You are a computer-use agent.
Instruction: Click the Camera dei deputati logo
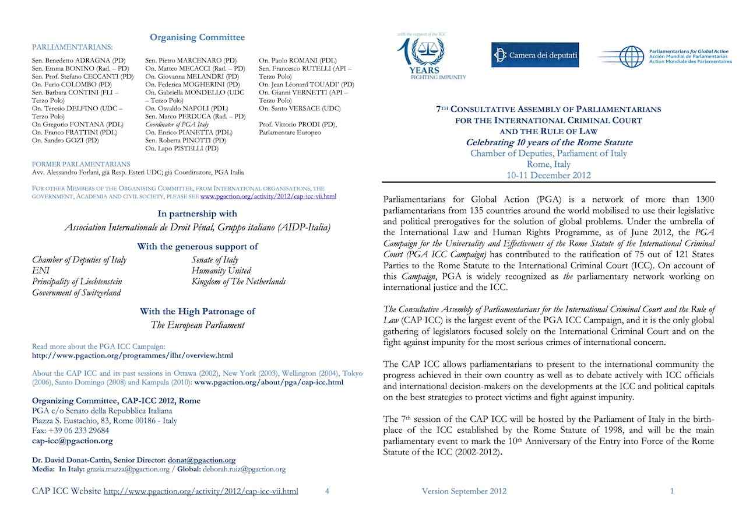534,55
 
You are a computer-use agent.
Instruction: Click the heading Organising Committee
197,37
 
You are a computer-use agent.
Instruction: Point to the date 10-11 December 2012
548,175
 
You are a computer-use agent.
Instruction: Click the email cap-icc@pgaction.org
72,440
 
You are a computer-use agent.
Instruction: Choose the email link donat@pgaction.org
202,460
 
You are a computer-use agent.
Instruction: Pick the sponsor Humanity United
221,271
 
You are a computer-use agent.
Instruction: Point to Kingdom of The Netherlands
238,282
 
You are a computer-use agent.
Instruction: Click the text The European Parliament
197,325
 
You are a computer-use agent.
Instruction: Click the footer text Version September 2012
464,491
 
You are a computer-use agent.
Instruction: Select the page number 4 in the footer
327,491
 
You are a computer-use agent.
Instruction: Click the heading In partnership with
197,214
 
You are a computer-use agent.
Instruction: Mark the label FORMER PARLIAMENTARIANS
81,164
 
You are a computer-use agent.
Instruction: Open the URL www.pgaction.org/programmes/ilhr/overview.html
132,355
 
